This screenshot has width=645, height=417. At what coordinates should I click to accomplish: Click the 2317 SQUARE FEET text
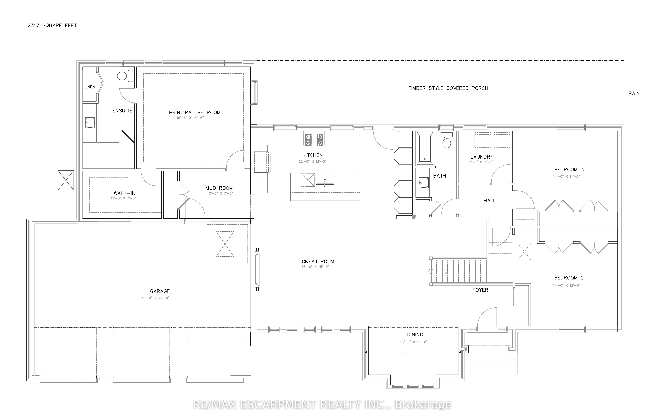[x=52, y=25]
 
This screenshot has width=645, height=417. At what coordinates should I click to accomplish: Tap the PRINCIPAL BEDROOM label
[x=195, y=112]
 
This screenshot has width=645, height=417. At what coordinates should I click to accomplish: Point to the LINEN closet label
[x=90, y=87]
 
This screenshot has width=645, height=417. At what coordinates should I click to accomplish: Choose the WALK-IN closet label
[x=124, y=193]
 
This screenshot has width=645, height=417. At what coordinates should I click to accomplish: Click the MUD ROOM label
[x=219, y=188]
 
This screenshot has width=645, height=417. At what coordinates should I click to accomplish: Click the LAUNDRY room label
[x=482, y=157]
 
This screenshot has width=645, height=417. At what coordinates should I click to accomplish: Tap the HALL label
[x=489, y=201]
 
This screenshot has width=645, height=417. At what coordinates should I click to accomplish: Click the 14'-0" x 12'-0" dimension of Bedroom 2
[x=566, y=285]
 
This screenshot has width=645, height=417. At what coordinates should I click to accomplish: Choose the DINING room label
[x=415, y=335]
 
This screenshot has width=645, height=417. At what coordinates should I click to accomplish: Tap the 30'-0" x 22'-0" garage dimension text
[x=155, y=298]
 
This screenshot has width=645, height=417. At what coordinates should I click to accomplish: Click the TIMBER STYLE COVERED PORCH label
[x=448, y=88]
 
